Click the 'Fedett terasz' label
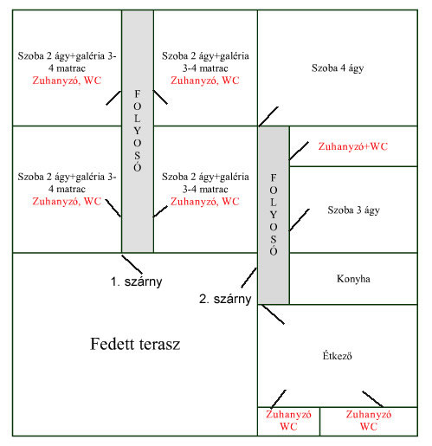click(x=135, y=344)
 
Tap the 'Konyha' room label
click(x=353, y=279)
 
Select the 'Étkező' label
click(x=337, y=355)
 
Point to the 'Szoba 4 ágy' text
click(x=338, y=68)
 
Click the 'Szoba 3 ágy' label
click(x=353, y=210)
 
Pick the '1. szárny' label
click(x=136, y=281)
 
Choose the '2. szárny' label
click(x=225, y=299)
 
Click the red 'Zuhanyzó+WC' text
click(x=352, y=146)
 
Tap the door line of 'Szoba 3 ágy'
click(x=300, y=220)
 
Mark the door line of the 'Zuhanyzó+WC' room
click(x=299, y=151)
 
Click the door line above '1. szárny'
click(x=132, y=264)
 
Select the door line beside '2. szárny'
click(x=248, y=278)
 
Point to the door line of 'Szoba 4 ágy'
click(x=268, y=116)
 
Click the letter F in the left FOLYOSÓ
click(x=138, y=94)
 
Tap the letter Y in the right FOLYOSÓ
click(x=274, y=215)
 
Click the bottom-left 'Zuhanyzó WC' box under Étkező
click(x=288, y=421)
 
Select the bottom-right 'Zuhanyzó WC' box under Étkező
click(x=369, y=421)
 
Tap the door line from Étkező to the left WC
click(x=279, y=399)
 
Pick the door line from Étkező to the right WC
click(x=373, y=399)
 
